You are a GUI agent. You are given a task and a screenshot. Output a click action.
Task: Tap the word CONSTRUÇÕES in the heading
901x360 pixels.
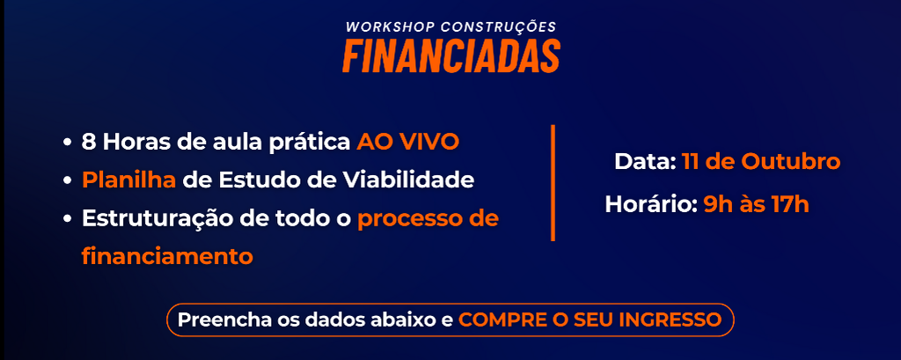(x=498, y=27)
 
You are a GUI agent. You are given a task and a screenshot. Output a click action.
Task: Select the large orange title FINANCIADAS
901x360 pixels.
(x=451, y=55)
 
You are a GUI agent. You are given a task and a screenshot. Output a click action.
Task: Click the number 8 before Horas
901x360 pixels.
(x=88, y=142)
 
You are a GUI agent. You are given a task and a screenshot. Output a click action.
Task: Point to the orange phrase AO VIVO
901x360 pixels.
(x=407, y=142)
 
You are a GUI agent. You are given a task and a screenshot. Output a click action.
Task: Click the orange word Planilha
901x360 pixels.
(x=128, y=180)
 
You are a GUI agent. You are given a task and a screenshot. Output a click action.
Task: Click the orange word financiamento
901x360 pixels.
(x=167, y=256)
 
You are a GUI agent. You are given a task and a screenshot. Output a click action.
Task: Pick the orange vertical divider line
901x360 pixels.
(x=553, y=183)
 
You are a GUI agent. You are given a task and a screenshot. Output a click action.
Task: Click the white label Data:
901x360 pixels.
(x=645, y=162)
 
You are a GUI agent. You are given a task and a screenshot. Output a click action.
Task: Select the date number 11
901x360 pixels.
(x=690, y=162)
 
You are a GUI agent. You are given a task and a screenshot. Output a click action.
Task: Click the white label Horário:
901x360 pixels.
(x=651, y=204)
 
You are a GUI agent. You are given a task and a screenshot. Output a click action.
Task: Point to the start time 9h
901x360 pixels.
(x=715, y=204)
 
